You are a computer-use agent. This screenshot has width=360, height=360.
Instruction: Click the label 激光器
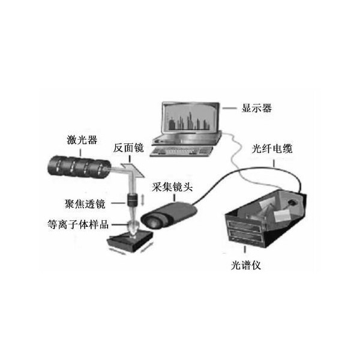82,140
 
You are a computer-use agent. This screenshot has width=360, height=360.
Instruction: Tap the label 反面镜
128,148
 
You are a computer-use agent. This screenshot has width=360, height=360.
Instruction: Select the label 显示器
257,108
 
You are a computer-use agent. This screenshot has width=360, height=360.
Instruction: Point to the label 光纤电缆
272,149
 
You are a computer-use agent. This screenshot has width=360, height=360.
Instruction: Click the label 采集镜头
172,187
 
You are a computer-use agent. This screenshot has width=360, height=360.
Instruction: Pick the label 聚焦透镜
85,204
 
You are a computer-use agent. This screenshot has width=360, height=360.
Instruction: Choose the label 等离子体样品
78,224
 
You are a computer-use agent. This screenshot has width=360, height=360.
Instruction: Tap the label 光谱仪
246,266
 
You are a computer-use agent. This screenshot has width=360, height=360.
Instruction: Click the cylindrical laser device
79,167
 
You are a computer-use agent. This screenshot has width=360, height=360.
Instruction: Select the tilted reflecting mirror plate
133,170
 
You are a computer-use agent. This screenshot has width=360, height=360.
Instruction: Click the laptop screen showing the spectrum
190,118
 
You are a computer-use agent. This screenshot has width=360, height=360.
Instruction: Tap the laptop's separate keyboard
181,152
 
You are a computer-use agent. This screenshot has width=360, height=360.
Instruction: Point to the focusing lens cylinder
132,200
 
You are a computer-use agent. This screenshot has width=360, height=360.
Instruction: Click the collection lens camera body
169,215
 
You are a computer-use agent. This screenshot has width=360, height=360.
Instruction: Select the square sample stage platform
130,241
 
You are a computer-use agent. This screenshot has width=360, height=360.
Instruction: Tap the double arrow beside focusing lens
142,200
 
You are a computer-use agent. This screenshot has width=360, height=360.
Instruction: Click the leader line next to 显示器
229,108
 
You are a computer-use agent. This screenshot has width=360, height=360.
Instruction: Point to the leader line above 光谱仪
245,250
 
